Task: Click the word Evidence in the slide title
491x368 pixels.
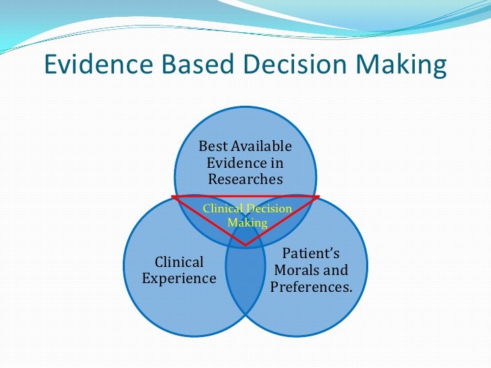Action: [96, 65]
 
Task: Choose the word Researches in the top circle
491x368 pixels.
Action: [246, 179]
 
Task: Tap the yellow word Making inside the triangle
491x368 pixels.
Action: [248, 222]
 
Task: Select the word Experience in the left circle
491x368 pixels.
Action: [179, 278]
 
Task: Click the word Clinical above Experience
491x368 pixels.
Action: [179, 262]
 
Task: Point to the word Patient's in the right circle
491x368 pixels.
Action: [311, 253]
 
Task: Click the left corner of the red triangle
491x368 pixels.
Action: [172, 197]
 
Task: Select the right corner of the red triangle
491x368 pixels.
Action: [319, 197]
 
